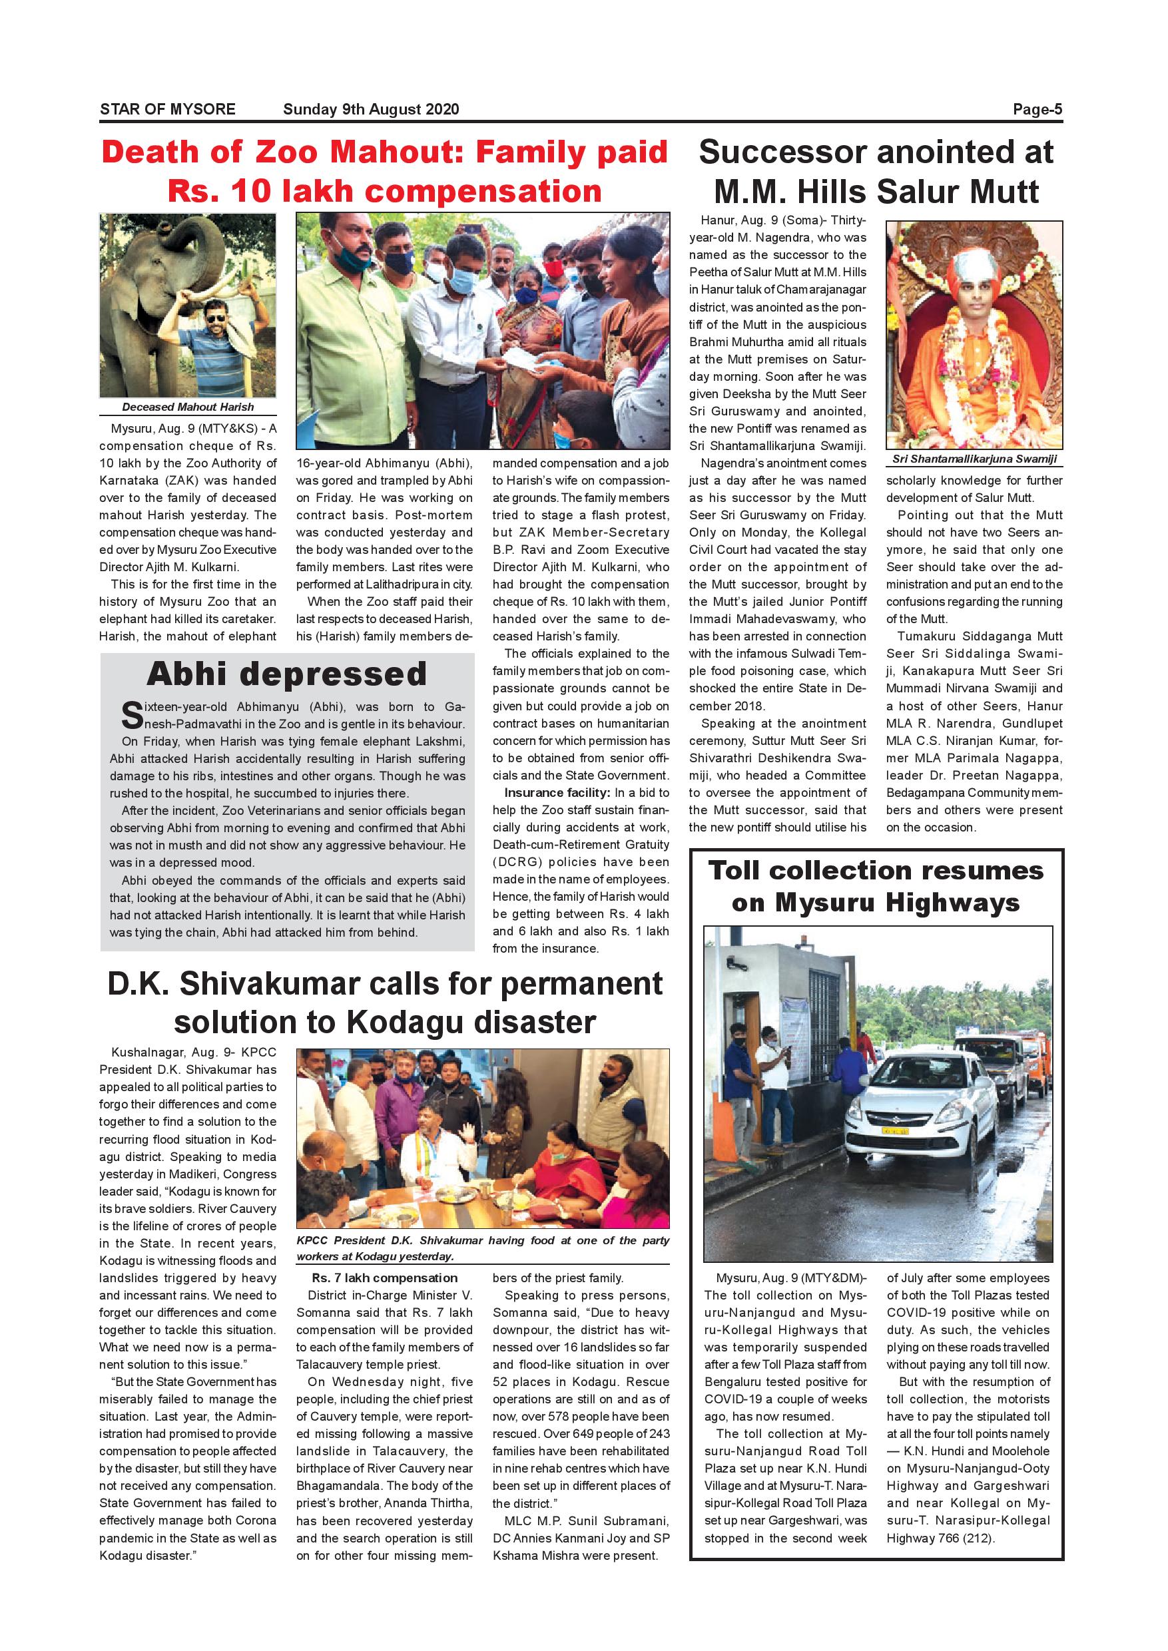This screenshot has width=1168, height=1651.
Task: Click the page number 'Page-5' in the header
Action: pyautogui.click(x=1037, y=109)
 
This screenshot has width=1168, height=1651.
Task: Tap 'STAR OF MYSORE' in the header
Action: pyautogui.click(x=168, y=109)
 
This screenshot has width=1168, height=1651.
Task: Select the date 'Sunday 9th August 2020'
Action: pyautogui.click(x=370, y=109)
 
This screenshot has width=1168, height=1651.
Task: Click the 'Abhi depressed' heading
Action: pyautogui.click(x=286, y=674)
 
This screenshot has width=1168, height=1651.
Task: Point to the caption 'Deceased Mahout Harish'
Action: pyautogui.click(x=188, y=407)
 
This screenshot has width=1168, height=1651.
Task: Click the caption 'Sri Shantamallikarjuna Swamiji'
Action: pyautogui.click(x=974, y=459)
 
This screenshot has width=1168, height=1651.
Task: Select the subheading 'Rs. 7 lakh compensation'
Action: pyautogui.click(x=384, y=1278)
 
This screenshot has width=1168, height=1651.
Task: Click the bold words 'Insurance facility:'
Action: pyautogui.click(x=557, y=792)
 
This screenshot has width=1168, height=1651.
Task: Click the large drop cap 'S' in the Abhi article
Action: pyautogui.click(x=132, y=716)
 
